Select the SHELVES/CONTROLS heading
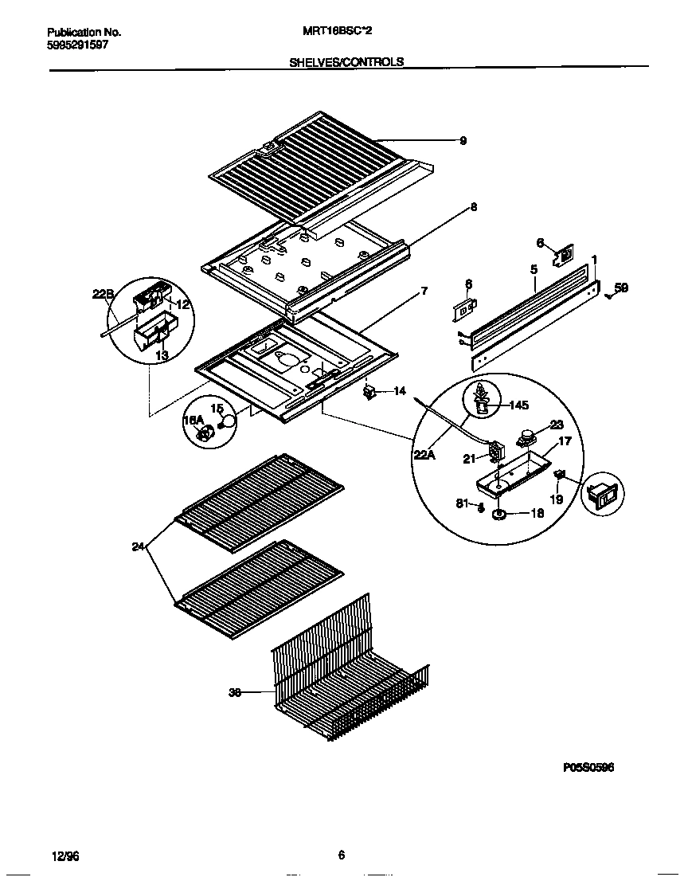[x=346, y=61]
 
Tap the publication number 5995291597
[x=77, y=45]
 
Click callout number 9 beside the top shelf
[x=463, y=141]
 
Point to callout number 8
[x=473, y=207]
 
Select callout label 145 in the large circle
[x=518, y=405]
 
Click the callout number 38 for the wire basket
[x=234, y=693]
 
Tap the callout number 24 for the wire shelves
[x=139, y=546]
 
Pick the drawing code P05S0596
[x=588, y=767]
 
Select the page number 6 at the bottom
[x=341, y=855]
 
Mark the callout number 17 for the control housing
[x=564, y=440]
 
